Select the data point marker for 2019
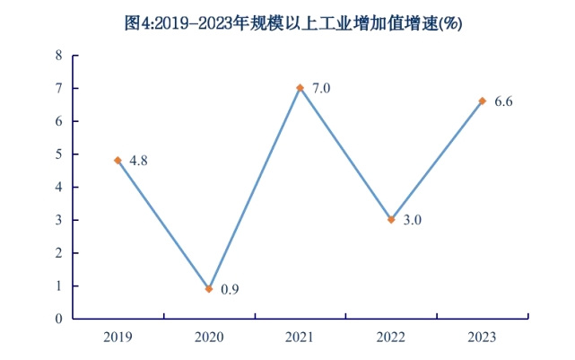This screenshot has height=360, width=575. [118, 161]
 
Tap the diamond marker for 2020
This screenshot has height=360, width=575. [209, 289]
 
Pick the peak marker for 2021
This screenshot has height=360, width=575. [301, 88]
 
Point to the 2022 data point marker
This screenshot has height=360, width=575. [391, 220]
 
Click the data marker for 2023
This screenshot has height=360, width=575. [483, 101]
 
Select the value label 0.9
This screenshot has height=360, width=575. [230, 289]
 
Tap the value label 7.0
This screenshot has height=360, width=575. [321, 88]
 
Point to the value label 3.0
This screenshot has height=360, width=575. [412, 219]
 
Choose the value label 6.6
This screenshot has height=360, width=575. [503, 101]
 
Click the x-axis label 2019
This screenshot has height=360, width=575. [118, 337]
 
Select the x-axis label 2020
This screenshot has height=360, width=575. [209, 337]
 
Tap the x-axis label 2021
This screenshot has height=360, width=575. [301, 337]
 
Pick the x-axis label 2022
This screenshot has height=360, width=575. [391, 337]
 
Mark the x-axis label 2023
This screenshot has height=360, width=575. [483, 337]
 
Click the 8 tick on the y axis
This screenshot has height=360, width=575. [59, 56]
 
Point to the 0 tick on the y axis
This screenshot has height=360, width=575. [59, 319]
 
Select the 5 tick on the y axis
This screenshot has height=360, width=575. [59, 154]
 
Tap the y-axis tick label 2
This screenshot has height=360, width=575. [59, 253]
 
